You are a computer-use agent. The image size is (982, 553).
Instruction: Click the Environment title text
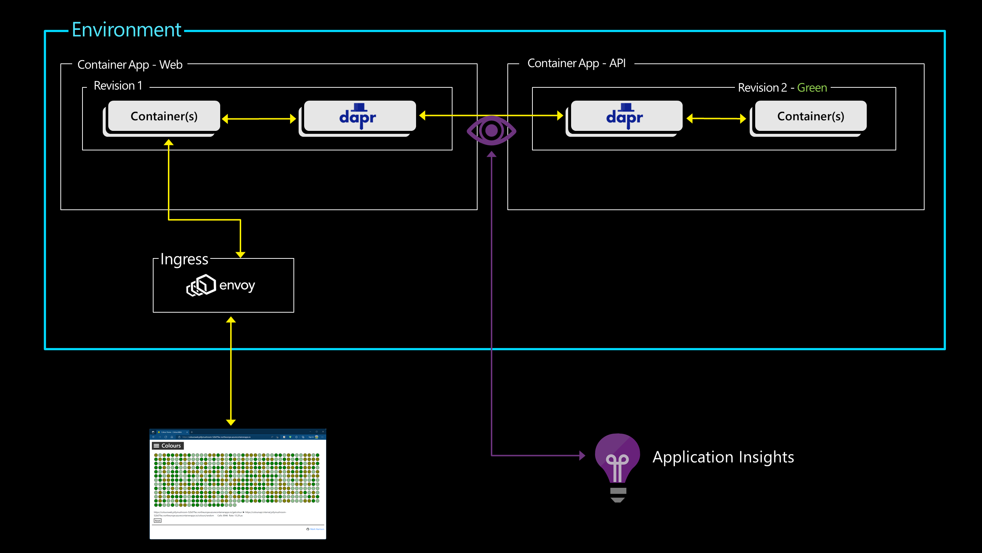126,30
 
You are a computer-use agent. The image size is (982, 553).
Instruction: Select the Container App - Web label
130,65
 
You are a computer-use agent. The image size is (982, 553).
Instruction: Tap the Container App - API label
576,63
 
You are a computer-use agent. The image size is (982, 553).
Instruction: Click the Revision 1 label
118,86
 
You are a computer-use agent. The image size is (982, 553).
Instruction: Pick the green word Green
812,88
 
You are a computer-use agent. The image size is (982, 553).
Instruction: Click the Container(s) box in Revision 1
164,116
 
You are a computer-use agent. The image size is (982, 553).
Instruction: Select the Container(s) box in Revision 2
810,116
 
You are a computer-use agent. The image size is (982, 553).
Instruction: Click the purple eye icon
492,131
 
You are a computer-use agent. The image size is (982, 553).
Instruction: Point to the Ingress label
184,259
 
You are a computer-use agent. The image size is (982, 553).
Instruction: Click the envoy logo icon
201,285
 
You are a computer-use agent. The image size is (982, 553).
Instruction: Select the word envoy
237,285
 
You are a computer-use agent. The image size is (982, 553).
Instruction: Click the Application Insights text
723,457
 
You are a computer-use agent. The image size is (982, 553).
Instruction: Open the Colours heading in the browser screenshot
171,445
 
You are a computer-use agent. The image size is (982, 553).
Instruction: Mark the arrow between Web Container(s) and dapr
259,119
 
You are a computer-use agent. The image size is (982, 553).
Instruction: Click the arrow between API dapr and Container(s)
716,119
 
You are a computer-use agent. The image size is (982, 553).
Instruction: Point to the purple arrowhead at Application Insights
582,455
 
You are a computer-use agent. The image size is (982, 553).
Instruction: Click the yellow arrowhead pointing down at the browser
230,422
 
